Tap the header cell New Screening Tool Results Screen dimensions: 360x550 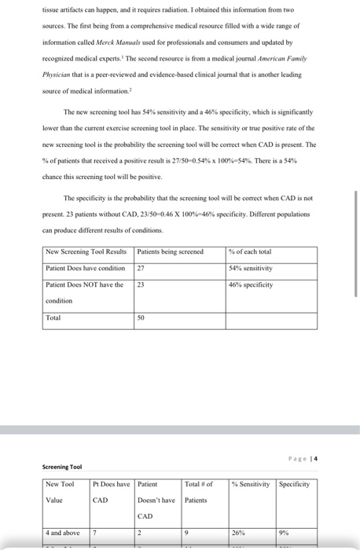click(86, 251)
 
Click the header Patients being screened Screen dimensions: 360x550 click(170, 251)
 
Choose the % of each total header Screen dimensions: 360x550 click(250, 251)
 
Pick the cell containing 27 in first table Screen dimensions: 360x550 click(141, 268)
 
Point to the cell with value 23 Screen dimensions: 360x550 click(141, 284)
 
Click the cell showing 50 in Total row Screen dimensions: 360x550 click(141, 318)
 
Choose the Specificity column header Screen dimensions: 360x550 click(294, 483)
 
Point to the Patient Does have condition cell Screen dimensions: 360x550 click(85, 268)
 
